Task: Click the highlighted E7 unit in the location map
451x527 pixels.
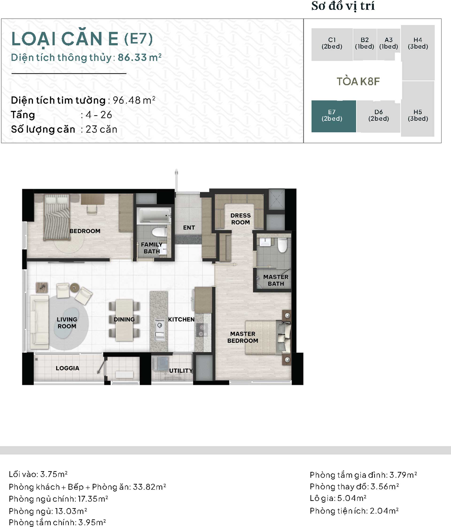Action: point(334,116)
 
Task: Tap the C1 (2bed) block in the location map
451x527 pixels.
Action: point(332,44)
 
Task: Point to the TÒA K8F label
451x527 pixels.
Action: point(358,81)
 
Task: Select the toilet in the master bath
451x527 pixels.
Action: point(282,245)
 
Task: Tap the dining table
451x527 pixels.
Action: point(124,320)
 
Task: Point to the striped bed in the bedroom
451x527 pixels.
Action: point(57,217)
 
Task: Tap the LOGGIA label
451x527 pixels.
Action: point(67,368)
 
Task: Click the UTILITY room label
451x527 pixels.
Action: point(181,371)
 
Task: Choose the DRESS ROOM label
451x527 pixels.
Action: point(241,219)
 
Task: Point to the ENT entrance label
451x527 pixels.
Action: point(189,228)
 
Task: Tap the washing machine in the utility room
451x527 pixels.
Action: point(160,363)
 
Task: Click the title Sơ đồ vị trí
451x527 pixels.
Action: point(343,6)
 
